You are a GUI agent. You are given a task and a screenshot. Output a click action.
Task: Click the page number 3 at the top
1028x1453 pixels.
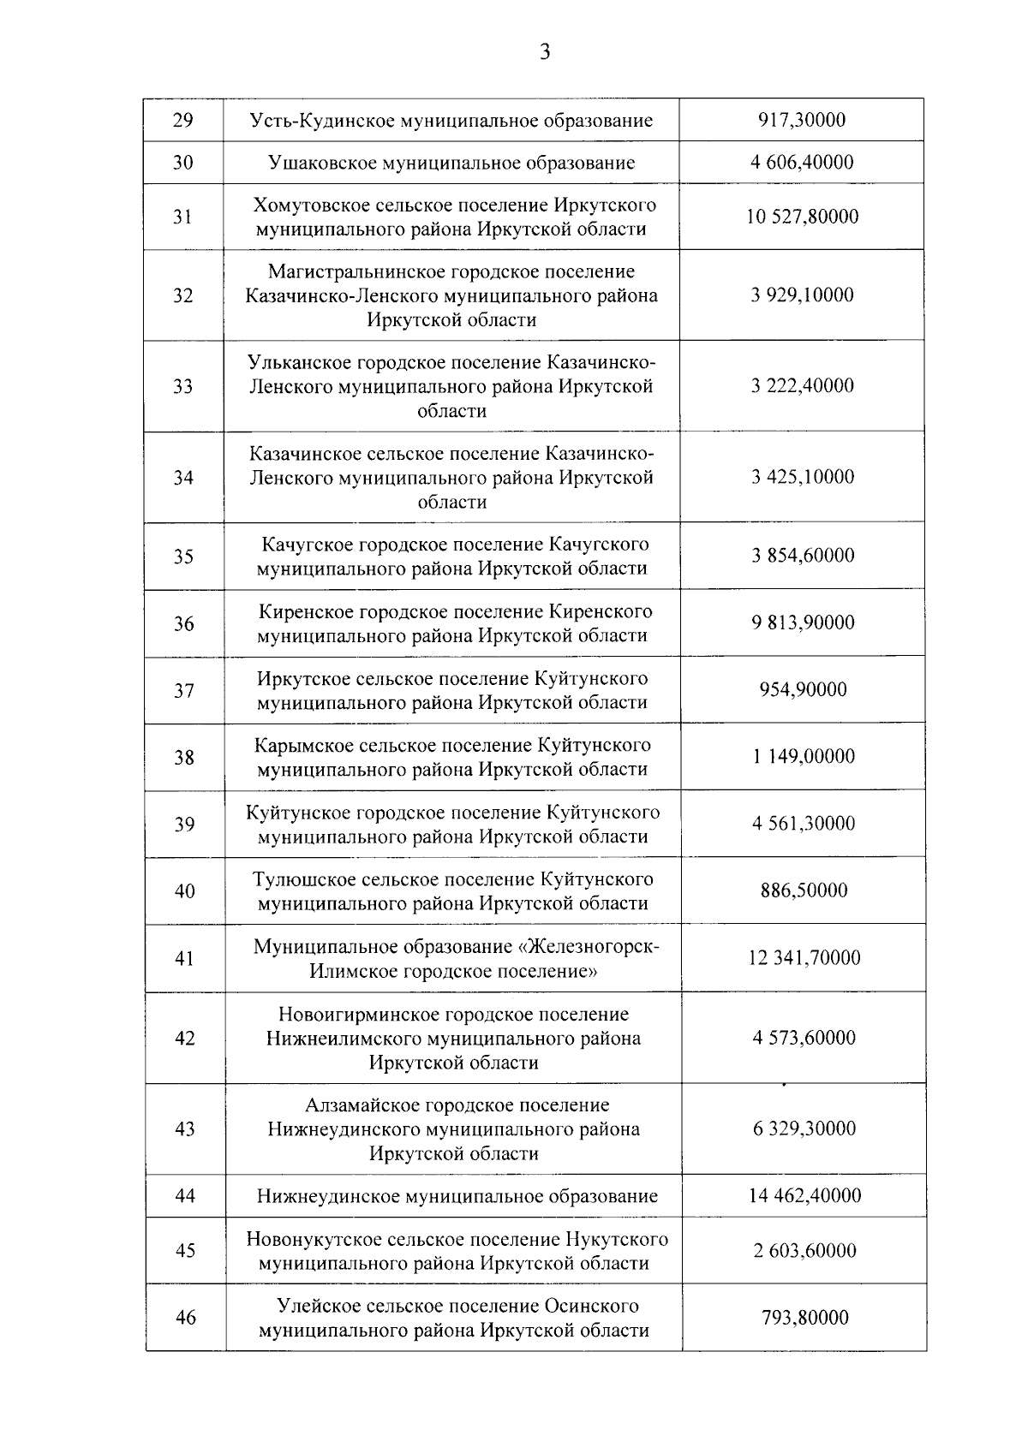pyautogui.click(x=545, y=53)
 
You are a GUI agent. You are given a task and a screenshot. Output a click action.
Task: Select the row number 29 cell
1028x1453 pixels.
pyautogui.click(x=182, y=120)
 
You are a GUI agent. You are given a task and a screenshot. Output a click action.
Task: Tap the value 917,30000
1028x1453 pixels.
pyautogui.click(x=802, y=120)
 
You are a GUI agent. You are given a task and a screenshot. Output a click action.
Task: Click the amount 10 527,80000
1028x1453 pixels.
pyautogui.click(x=802, y=217)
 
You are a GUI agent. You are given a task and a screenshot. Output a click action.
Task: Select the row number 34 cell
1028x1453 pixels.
pyautogui.click(x=183, y=478)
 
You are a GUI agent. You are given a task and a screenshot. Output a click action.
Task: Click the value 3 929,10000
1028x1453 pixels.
pyautogui.click(x=803, y=295)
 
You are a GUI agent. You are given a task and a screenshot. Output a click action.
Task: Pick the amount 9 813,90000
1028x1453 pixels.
pyautogui.click(x=804, y=622)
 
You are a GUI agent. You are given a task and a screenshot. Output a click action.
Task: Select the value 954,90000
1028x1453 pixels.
pyautogui.click(x=804, y=689)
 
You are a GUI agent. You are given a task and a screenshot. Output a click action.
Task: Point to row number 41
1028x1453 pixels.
pyautogui.click(x=185, y=958)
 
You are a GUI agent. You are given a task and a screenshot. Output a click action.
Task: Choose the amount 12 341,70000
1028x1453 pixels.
pyautogui.click(x=804, y=957)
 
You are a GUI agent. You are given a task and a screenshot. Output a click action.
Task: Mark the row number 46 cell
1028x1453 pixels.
pyautogui.click(x=186, y=1318)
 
